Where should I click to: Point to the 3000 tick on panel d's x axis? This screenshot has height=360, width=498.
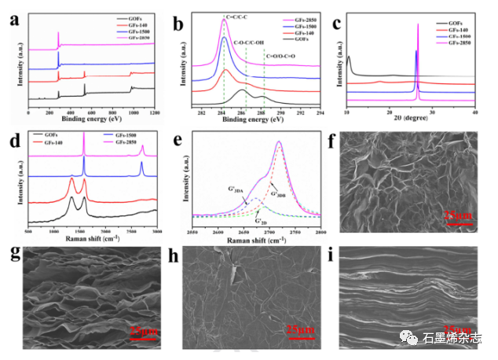(156, 233)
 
